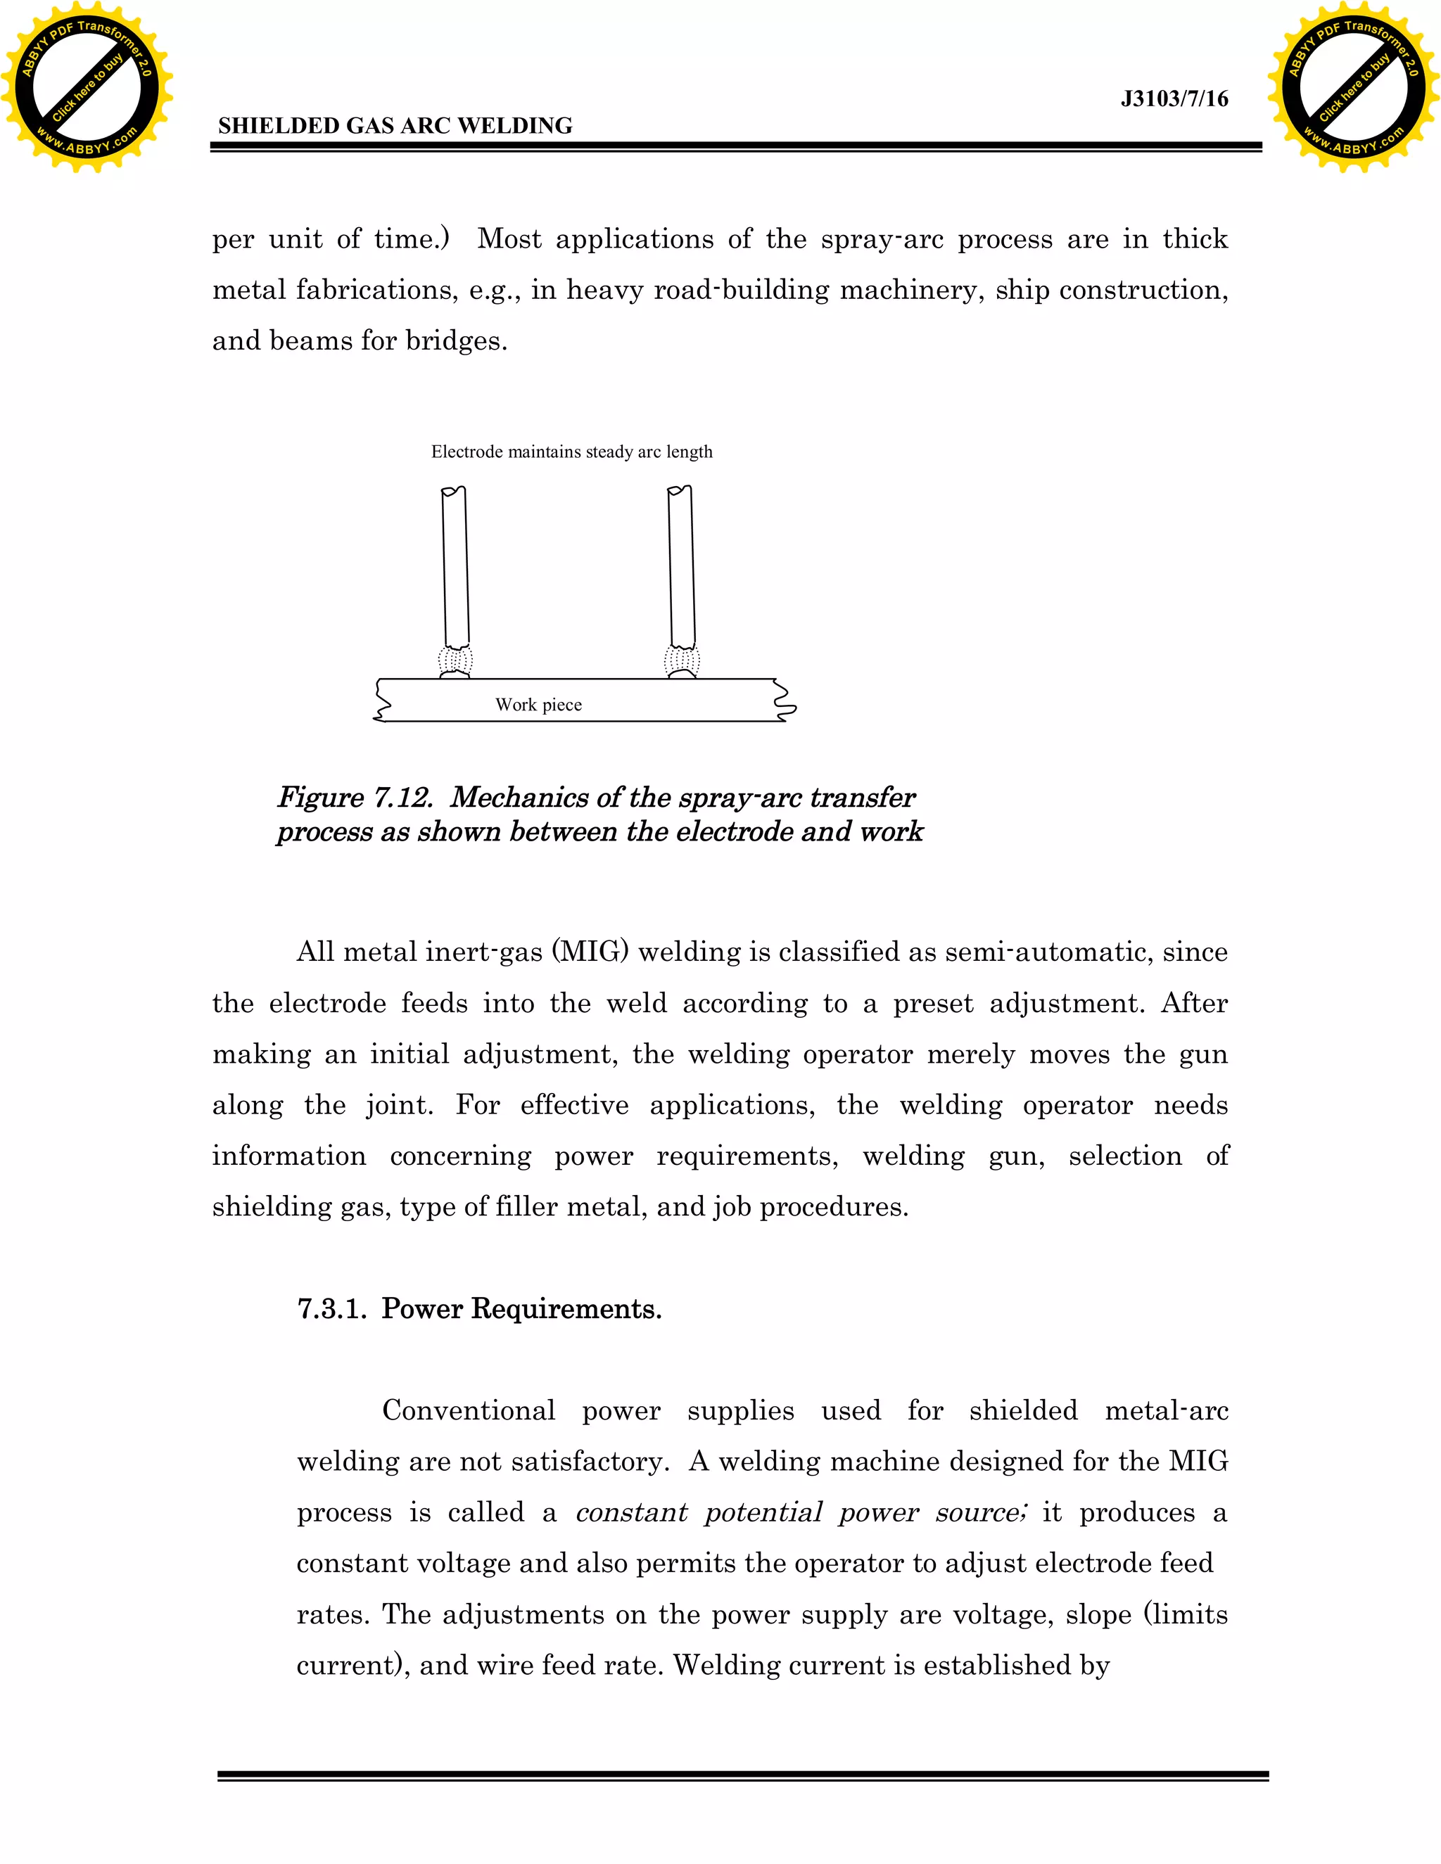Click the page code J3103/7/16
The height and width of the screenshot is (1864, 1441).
click(x=1174, y=99)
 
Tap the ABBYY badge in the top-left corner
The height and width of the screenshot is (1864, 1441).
click(x=87, y=87)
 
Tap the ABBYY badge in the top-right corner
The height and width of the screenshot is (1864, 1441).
click(x=1353, y=87)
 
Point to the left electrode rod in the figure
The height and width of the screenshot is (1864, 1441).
click(x=456, y=568)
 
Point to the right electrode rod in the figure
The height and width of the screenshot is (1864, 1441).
click(x=681, y=568)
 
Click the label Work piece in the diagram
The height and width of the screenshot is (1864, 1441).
click(x=539, y=705)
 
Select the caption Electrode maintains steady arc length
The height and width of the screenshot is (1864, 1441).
click(x=571, y=452)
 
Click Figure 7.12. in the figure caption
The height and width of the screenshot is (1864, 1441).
click(x=355, y=797)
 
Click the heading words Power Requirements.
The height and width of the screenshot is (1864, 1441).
click(x=521, y=1308)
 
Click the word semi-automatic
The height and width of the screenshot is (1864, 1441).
click(x=1041, y=952)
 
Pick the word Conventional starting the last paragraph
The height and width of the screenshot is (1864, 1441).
click(x=469, y=1411)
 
